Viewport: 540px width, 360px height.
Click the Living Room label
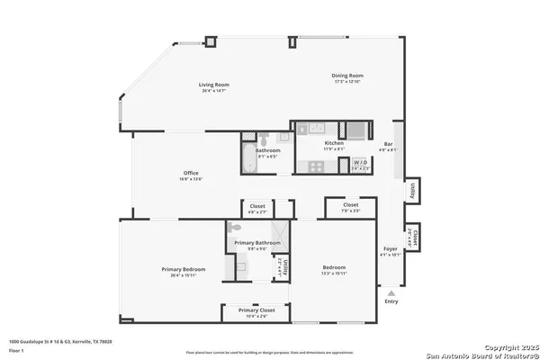212,85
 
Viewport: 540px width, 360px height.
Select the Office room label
191,174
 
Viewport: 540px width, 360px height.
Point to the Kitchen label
334,143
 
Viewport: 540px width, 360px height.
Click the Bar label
389,144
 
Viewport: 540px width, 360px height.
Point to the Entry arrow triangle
391,292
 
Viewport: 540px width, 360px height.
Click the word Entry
391,302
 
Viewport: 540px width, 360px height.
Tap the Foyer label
391,249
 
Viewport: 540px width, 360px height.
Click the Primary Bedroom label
184,270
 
